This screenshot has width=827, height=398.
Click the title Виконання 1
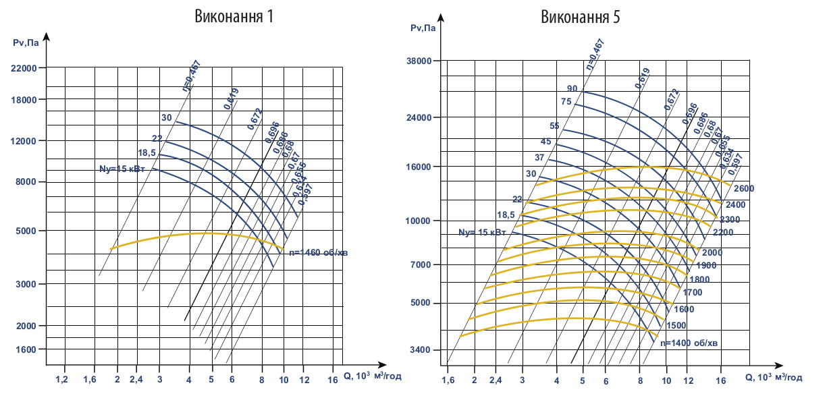234,16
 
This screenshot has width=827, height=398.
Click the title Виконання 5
580,16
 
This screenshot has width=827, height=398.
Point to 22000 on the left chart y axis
24,68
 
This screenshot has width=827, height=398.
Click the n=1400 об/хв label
689,343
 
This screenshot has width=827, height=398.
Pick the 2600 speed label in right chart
744,188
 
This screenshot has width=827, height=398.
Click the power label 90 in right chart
572,89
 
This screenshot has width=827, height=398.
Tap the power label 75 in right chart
566,102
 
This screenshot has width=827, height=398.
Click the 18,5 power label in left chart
147,152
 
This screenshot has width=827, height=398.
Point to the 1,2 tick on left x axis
61,380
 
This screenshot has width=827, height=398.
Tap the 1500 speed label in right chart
676,325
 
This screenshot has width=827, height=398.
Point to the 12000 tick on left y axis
24,141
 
